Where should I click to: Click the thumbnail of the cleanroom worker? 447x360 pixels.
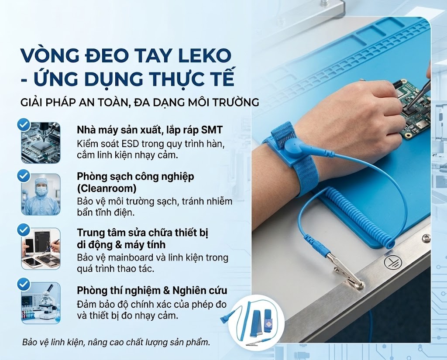click(x=41, y=194)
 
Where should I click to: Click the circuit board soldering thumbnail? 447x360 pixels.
click(x=41, y=142)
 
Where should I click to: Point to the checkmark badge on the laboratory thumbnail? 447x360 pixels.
click(x=23, y=285)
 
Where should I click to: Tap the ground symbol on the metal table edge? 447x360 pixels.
click(x=389, y=262)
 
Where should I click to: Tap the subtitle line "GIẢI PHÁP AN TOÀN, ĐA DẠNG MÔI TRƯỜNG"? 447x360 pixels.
click(x=140, y=103)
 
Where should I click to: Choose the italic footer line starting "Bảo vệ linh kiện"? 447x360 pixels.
click(x=116, y=342)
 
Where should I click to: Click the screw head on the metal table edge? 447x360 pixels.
click(x=426, y=238)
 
